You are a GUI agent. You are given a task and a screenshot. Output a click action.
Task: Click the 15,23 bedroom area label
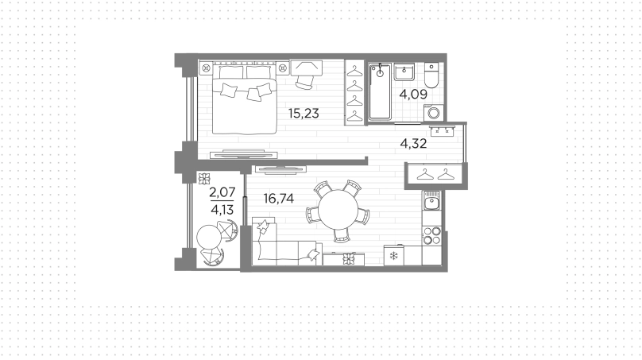pyautogui.click(x=304, y=114)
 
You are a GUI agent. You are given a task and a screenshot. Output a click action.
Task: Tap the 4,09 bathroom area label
pyautogui.click(x=413, y=95)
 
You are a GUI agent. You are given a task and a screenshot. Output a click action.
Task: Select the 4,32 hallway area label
pyautogui.click(x=413, y=143)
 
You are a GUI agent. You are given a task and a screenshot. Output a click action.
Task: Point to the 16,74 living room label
pyautogui.click(x=278, y=199)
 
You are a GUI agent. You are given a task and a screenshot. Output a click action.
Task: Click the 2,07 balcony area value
pyautogui.click(x=222, y=192)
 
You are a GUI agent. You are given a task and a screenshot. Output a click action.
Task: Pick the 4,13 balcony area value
pyautogui.click(x=222, y=210)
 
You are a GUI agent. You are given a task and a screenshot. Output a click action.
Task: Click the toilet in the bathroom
pyautogui.click(x=431, y=75)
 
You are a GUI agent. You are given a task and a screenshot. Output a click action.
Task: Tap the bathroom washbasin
pyautogui.click(x=404, y=72)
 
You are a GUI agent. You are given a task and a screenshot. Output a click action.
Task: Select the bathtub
pyautogui.click(x=380, y=91)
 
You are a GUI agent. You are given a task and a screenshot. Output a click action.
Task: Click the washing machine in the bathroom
pyautogui.click(x=433, y=113)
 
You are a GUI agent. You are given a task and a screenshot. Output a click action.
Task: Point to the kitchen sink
pyautogui.click(x=431, y=200)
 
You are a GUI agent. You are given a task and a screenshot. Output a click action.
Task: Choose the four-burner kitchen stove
pyautogui.click(x=431, y=235)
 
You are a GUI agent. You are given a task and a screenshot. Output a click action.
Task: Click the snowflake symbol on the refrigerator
pyautogui.click(x=393, y=257)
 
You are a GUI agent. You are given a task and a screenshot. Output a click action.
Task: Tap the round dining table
pyautogui.click(x=338, y=210)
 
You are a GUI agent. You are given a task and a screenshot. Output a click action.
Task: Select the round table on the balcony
pyautogui.click(x=209, y=237)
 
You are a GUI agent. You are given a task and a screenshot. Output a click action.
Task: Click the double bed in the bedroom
pyautogui.click(x=244, y=99)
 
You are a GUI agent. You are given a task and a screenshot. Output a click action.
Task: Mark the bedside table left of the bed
pyautogui.click(x=206, y=68)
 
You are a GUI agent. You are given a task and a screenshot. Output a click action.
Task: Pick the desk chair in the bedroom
pyautogui.click(x=304, y=82)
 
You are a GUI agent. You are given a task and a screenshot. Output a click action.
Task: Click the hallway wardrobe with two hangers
pyautogui.click(x=435, y=176)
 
